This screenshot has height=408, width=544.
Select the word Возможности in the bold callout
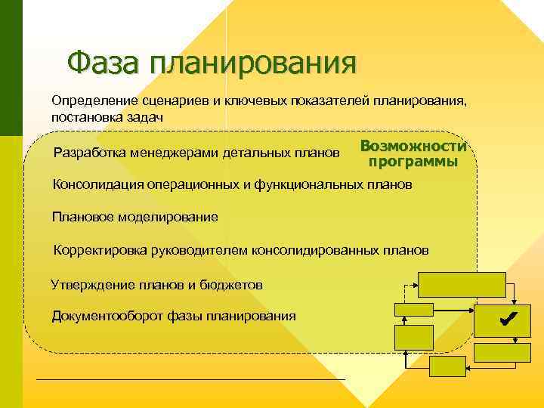pos(413,147)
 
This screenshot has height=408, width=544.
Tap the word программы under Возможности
pos(413,162)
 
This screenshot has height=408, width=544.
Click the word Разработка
pos(91,154)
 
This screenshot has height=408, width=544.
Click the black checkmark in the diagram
pos(506,320)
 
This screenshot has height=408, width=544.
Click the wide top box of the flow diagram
pos(462,284)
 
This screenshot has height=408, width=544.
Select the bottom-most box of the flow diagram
pos(447,366)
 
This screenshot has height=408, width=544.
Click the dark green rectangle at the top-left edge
pos(11,68)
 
